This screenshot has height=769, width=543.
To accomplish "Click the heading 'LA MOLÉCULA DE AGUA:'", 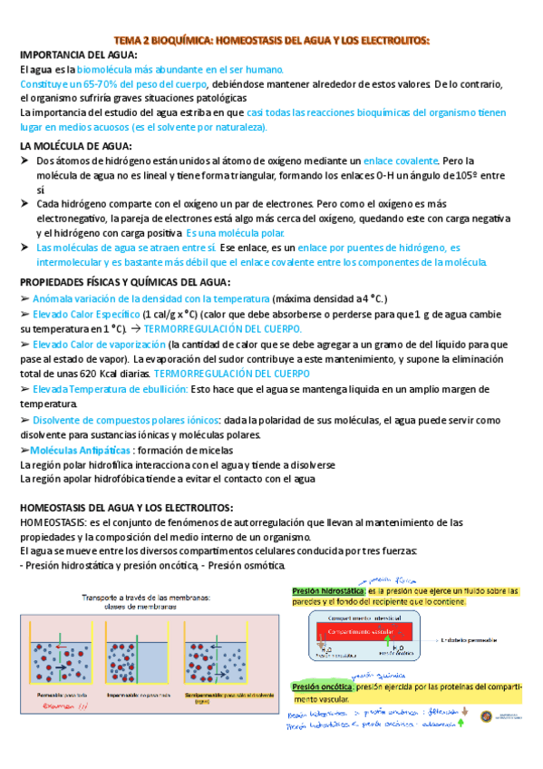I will [75, 146].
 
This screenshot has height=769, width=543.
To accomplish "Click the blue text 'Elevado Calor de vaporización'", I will [98, 345].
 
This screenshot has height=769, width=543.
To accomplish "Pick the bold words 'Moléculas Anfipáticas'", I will [79, 451].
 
